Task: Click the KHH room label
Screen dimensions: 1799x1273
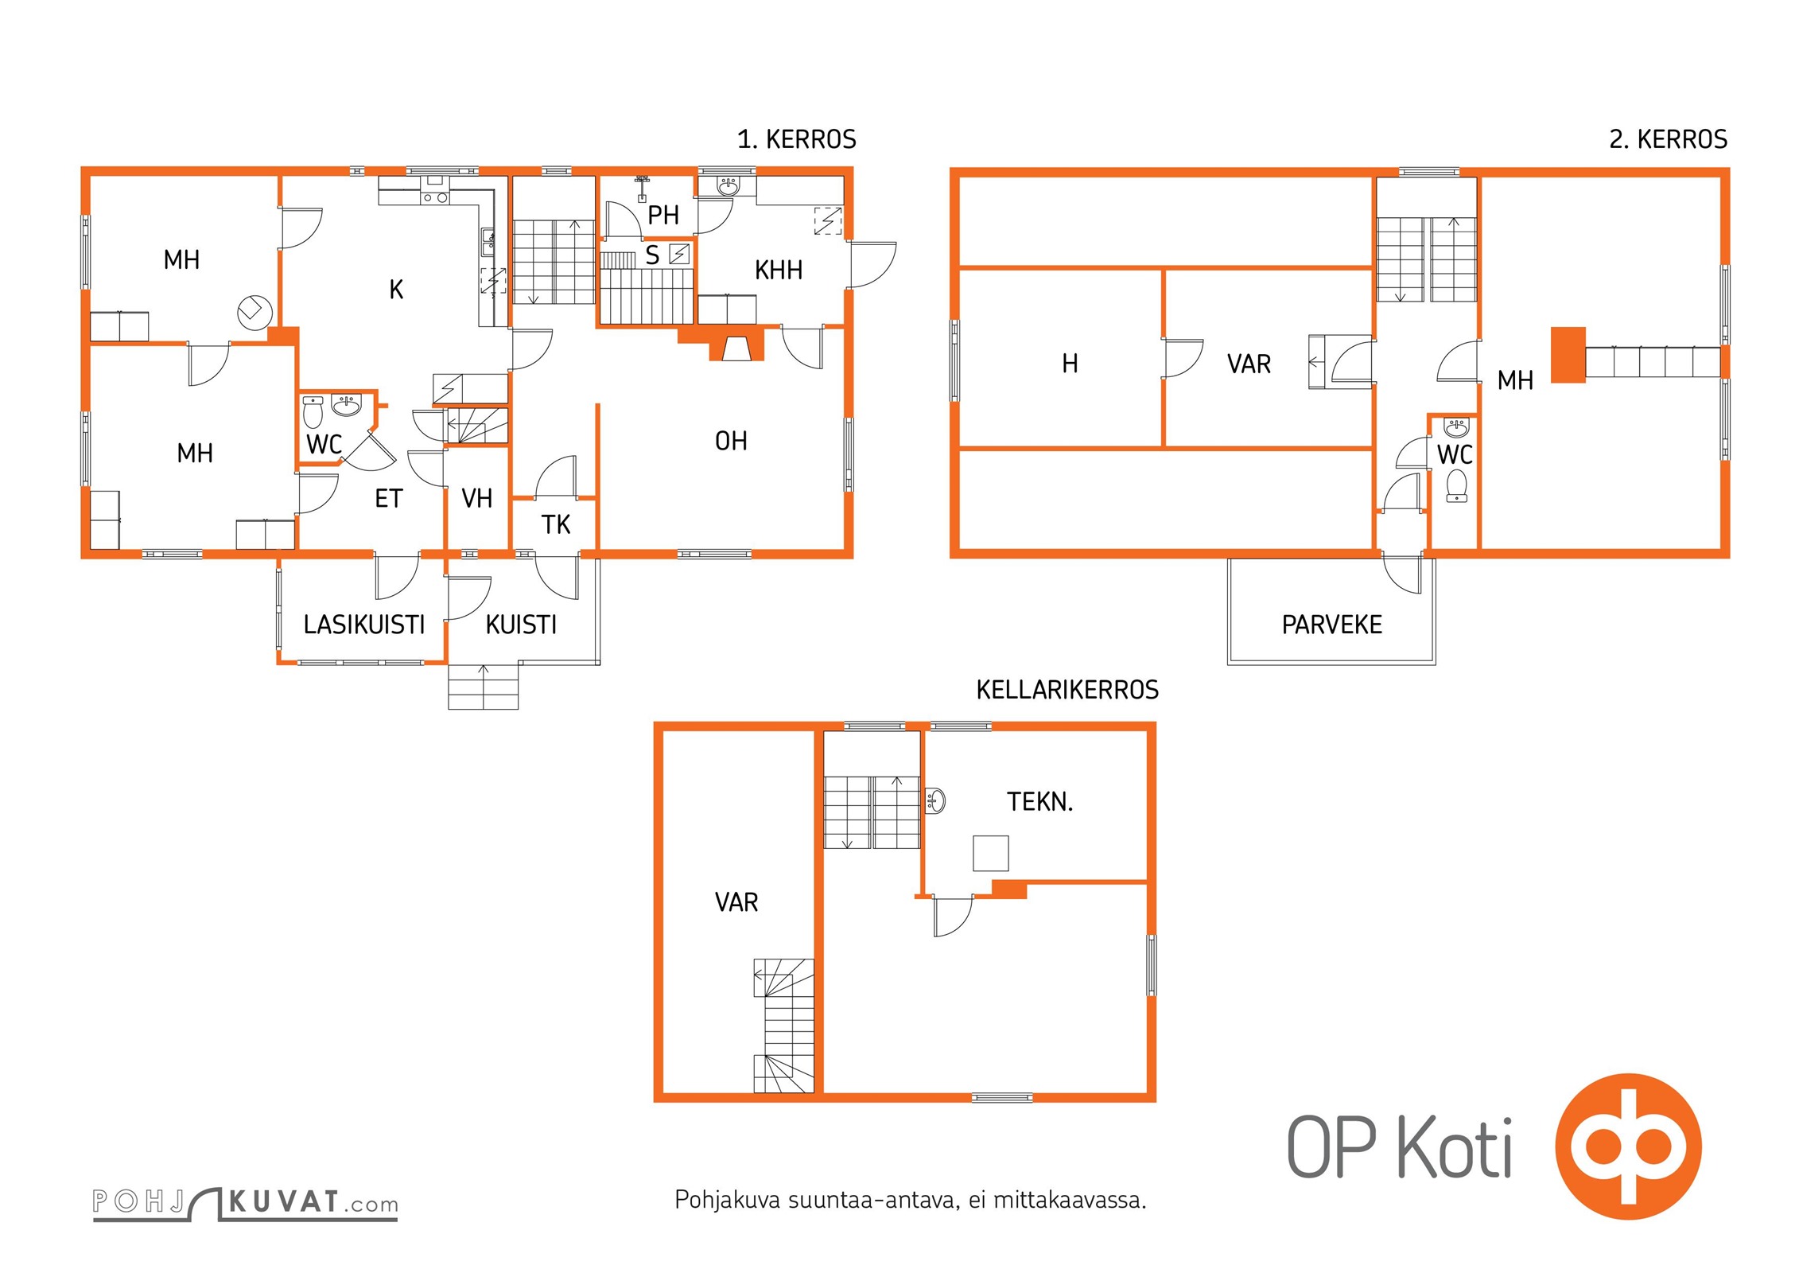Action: (778, 271)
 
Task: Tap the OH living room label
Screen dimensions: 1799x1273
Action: (731, 441)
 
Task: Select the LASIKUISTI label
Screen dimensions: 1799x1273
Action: (364, 625)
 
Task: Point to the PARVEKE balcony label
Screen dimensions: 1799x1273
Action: (1332, 625)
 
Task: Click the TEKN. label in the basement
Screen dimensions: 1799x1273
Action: (1039, 801)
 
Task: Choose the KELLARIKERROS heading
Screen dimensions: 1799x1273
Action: (1067, 690)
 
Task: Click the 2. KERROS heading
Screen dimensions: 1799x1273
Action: (1668, 139)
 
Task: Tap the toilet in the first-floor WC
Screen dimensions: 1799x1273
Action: (313, 413)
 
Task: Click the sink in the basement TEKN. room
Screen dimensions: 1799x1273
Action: (936, 800)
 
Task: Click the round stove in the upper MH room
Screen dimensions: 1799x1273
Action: (255, 312)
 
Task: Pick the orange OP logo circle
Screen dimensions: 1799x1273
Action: (1628, 1146)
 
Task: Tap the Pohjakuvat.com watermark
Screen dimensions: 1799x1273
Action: (245, 1203)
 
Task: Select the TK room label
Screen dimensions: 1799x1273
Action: (556, 525)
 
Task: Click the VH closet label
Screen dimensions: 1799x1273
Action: (477, 499)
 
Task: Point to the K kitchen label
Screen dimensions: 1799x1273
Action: (396, 290)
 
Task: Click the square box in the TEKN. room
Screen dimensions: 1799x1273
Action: (991, 854)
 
